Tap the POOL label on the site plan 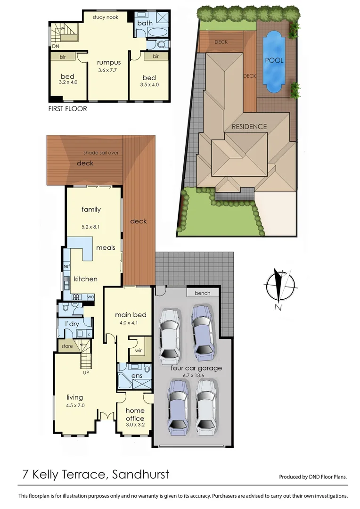coord(274,60)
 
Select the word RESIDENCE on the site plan coord(249,126)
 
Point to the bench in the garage coord(203,293)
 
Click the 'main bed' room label coord(131,315)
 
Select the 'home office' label coord(135,414)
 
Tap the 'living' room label coord(74,397)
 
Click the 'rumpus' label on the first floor coord(109,62)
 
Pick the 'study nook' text coord(105,17)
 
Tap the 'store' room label coord(67,346)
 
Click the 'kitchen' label coord(86,279)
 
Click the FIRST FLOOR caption coord(68,108)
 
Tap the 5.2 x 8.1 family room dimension coord(91,227)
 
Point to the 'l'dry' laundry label coord(72,324)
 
